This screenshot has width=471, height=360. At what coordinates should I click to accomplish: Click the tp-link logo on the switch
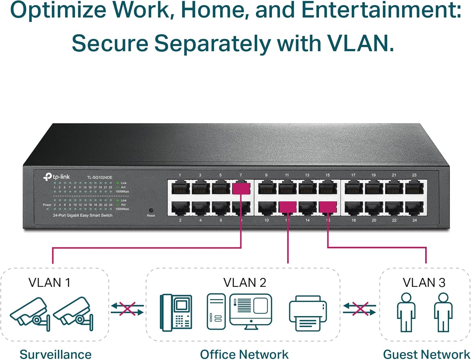pyautogui.click(x=57, y=177)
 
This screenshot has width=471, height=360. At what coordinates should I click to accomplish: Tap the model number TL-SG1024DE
pyautogui.click(x=100, y=177)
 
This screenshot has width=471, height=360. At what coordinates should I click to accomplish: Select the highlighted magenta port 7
pyautogui.click(x=241, y=189)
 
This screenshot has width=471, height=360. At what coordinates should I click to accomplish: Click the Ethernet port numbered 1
pyautogui.click(x=180, y=188)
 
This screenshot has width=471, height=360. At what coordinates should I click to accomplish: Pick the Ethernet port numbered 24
pyautogui.click(x=414, y=207)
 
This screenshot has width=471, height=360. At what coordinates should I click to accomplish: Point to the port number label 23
pyautogui.click(x=414, y=175)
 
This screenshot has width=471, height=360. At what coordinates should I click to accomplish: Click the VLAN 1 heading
pyautogui.click(x=49, y=282)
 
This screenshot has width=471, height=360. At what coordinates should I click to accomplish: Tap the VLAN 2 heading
pyautogui.click(x=245, y=282)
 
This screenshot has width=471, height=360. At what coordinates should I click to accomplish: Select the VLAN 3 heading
pyautogui.click(x=424, y=282)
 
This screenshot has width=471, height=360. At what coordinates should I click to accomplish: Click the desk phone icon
pyautogui.click(x=176, y=312)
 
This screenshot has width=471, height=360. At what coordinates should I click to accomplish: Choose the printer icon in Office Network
pyautogui.click(x=308, y=313)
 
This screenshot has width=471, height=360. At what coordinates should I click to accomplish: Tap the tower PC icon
pyautogui.click(x=216, y=311)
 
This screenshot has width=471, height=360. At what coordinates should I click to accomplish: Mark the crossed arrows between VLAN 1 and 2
pyautogui.click(x=127, y=309)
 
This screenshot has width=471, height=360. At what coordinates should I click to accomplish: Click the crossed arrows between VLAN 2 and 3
pyautogui.click(x=360, y=309)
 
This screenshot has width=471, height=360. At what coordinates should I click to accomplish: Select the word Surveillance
pyautogui.click(x=56, y=354)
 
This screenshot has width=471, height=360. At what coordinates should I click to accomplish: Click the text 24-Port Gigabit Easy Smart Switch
pyautogui.click(x=83, y=215)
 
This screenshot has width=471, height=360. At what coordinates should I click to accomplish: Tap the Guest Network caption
pyautogui.click(x=426, y=354)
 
